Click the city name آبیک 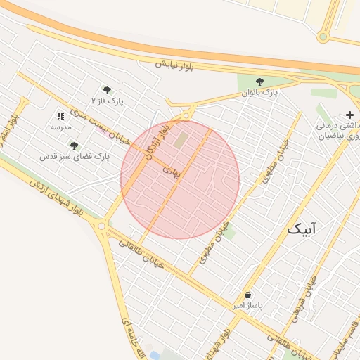[x=302, y=229]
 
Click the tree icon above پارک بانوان [x=260, y=82]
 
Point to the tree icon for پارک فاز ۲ [x=107, y=90]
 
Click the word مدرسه [x=60, y=127]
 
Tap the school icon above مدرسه [x=60, y=116]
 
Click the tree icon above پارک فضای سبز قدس [x=74, y=146]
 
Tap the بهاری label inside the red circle [x=172, y=170]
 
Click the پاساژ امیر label [x=247, y=307]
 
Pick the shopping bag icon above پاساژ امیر [x=247, y=295]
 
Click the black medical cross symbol [x=349, y=115]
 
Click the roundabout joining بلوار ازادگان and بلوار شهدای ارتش [x=103, y=226]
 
